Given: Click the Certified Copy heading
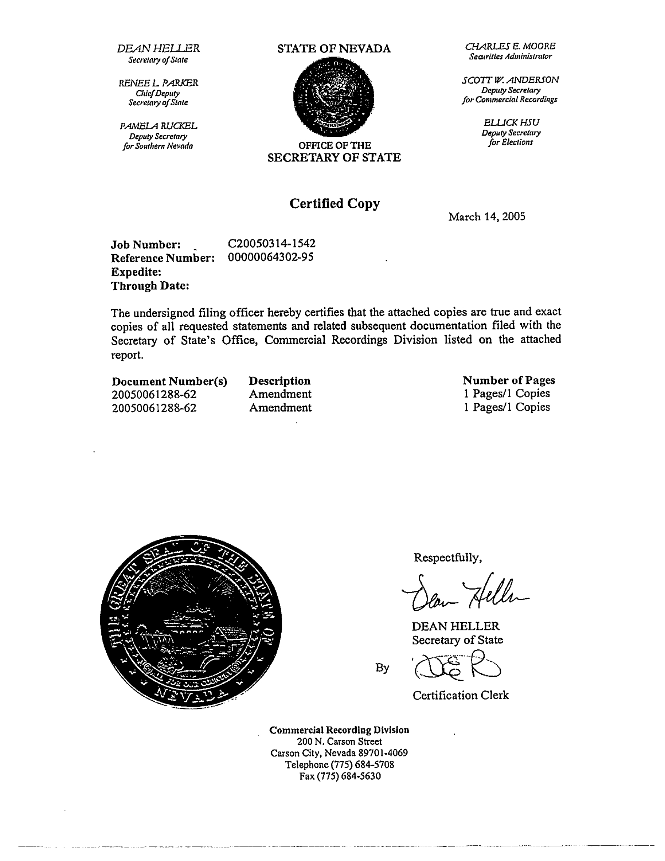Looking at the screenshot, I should pos(334,204).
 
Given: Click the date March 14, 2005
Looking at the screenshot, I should pos(486,217).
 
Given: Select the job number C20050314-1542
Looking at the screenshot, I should pos(271,244).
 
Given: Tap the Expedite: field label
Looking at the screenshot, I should pos(136,272).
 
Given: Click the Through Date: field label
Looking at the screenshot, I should pos(150,286).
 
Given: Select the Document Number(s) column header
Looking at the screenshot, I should pos(170,382).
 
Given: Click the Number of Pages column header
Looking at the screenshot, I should pos(509,381).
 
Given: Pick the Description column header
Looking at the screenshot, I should pos(280,381).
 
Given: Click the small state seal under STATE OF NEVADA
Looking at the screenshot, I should pos(334,97).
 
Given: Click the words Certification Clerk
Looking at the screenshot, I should pos(461,695).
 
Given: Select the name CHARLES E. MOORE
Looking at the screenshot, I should pos(510,47).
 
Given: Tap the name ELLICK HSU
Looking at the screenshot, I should pos(511,123).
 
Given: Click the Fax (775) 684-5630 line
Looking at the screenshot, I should pos(340,776).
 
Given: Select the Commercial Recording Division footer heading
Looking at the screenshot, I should pos(339,730).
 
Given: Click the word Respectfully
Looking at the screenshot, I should pos(447,557).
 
